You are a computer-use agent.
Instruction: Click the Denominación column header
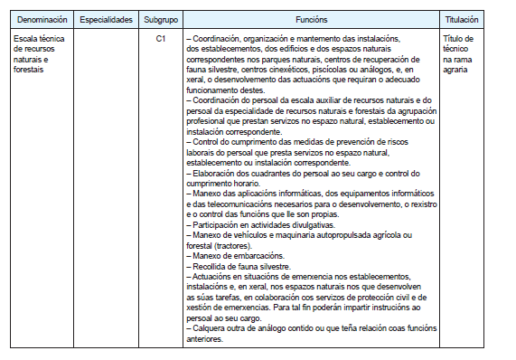40,18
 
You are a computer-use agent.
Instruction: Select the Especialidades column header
106,18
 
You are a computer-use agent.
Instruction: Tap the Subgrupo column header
160,18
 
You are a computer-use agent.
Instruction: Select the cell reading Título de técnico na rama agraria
463,53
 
